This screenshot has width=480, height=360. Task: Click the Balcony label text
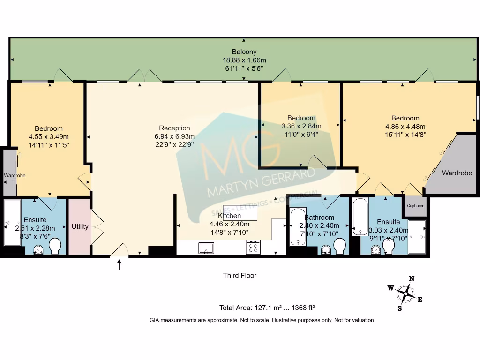244,52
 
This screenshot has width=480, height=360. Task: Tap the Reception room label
174,128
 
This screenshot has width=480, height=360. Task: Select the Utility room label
80,227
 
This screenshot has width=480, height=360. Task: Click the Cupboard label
415,206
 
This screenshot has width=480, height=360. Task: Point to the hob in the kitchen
253,247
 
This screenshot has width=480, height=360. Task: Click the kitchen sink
206,247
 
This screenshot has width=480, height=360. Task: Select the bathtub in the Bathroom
298,227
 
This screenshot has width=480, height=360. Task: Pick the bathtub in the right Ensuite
360,217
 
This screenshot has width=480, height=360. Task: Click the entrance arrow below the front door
119,265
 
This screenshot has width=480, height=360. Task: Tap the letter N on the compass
412,278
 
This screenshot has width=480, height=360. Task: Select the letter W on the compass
390,288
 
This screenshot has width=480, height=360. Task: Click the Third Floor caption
240,276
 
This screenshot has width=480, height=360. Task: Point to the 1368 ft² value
303,308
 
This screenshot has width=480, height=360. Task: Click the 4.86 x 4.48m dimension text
405,126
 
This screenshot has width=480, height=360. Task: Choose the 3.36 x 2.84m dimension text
301,126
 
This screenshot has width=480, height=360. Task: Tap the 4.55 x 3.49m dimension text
48,136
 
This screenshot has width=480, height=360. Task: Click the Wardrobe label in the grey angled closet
457,173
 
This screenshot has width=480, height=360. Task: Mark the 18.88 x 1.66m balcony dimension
244,60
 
